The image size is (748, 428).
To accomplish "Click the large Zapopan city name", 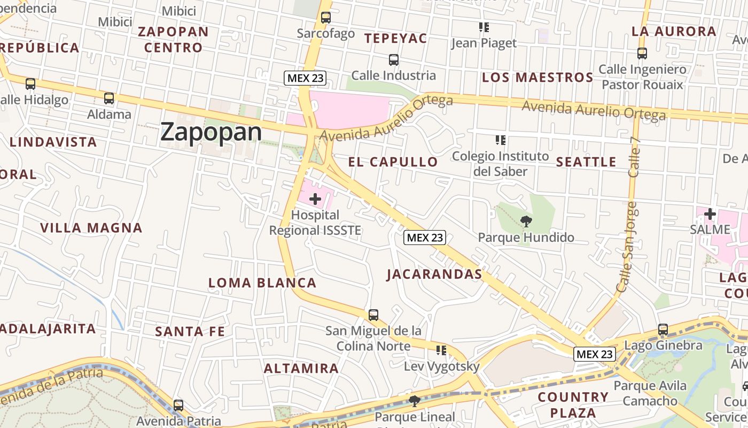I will click(x=211, y=132).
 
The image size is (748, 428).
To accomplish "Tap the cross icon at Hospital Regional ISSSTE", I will click(x=315, y=199).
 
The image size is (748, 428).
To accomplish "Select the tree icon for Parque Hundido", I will click(x=526, y=220).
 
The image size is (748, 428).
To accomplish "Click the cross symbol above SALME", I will click(x=710, y=214).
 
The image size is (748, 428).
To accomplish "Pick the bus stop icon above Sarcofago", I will click(x=326, y=18).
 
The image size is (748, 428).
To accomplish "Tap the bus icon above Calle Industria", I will click(x=394, y=59).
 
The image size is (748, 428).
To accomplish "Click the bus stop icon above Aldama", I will click(x=109, y=98).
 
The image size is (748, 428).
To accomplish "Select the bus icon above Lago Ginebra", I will click(x=663, y=330).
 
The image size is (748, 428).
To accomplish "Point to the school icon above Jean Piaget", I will click(x=484, y=27).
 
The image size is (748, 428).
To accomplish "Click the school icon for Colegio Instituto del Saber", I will click(x=500, y=140).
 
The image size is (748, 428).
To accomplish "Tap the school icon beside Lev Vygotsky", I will click(x=441, y=350).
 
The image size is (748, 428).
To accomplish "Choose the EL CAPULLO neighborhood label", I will click(x=393, y=162).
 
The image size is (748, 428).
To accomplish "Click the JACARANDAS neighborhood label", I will click(x=434, y=274).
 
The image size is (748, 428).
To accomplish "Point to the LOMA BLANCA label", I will click(x=262, y=282).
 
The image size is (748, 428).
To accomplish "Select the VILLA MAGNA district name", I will click(x=91, y=228).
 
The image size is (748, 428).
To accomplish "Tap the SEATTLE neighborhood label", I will click(x=586, y=162).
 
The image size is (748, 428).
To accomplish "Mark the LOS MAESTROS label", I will click(x=537, y=78).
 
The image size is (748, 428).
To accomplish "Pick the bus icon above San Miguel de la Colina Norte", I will click(x=373, y=315).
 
